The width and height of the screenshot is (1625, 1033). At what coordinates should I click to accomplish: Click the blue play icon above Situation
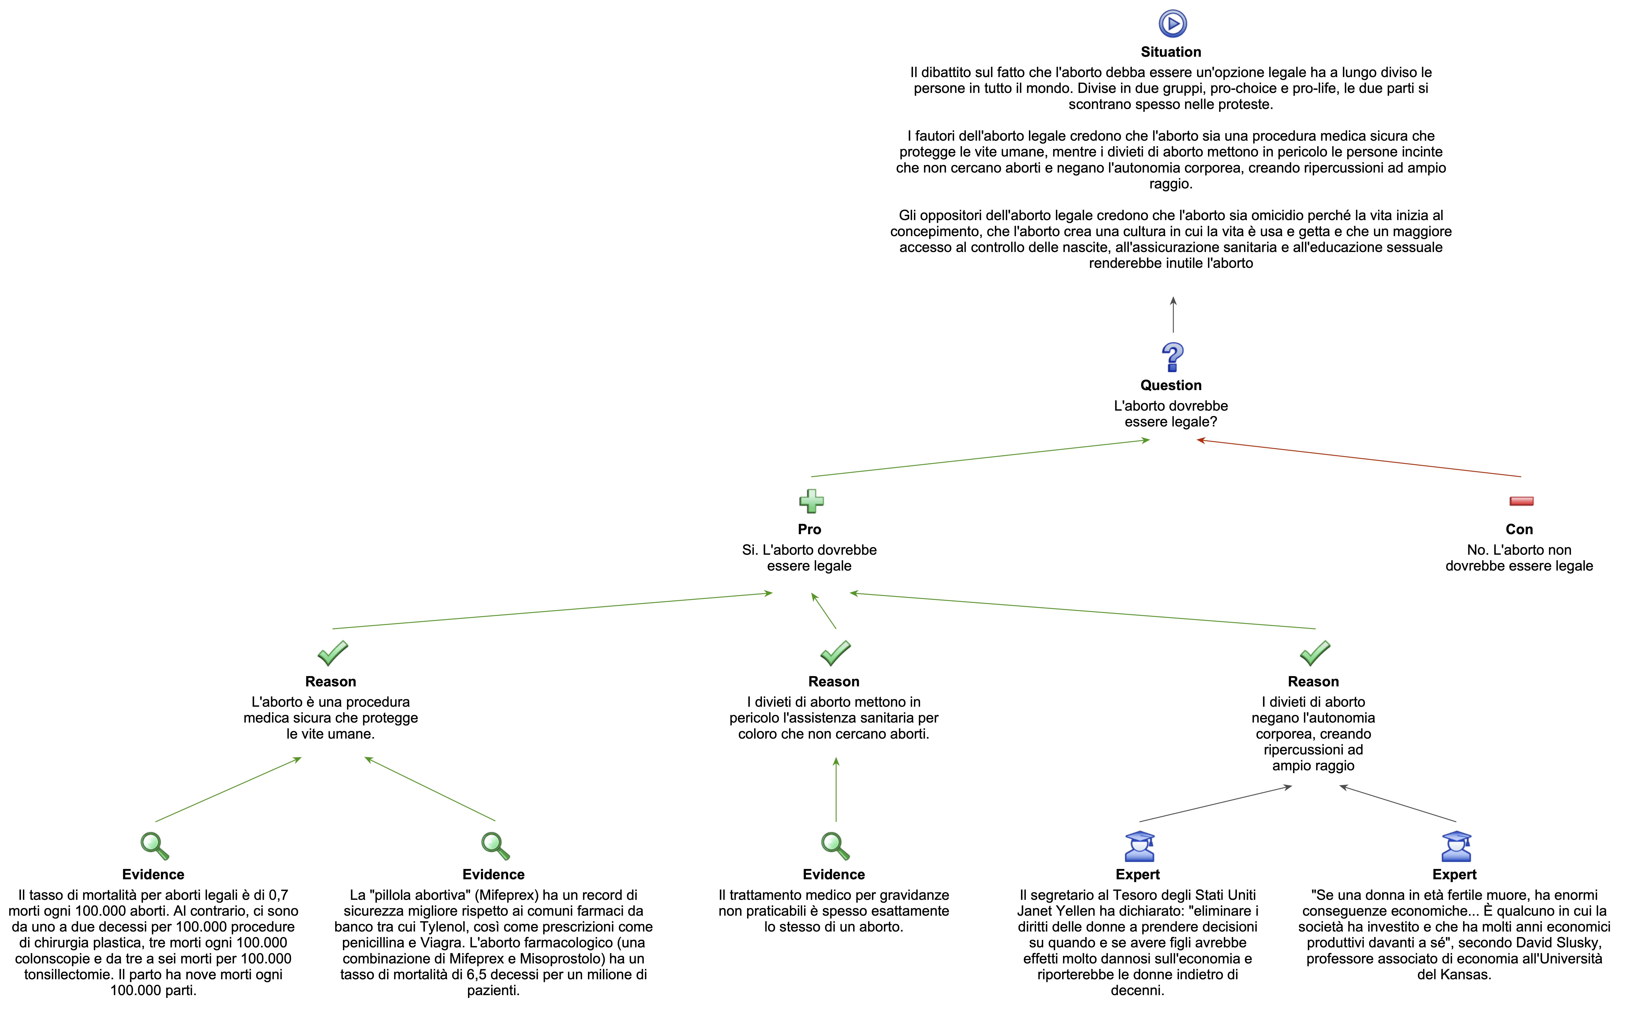pos(1172,24)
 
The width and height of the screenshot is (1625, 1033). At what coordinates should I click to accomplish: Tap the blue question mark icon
pos(1172,357)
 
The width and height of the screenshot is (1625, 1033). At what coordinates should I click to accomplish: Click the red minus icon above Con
pos(1521,501)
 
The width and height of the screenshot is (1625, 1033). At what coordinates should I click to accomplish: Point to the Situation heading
pos(1171,52)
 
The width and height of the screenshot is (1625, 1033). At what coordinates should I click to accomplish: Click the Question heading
pos(1171,385)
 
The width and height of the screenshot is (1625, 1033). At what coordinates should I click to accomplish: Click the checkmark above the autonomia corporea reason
pos(1315,653)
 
